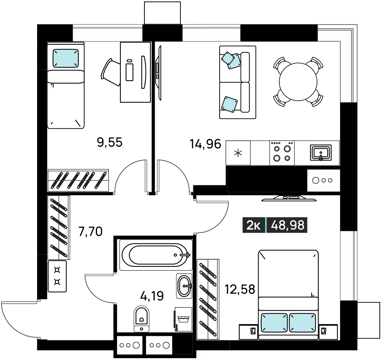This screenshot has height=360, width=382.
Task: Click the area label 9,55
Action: (x=110, y=142)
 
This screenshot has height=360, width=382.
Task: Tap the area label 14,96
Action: (x=206, y=144)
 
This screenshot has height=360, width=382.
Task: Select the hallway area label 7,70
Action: (x=91, y=232)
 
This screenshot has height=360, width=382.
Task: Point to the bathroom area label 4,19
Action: (x=152, y=296)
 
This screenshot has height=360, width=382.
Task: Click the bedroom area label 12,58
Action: (x=240, y=289)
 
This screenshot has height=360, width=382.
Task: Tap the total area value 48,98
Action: (x=288, y=225)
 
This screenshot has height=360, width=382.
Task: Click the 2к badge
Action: (x=254, y=225)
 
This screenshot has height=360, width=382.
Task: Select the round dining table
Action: (x=298, y=82)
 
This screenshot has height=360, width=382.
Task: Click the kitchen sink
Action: (x=321, y=153)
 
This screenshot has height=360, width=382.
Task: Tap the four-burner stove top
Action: (x=282, y=153)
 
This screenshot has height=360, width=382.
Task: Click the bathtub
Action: (x=156, y=255)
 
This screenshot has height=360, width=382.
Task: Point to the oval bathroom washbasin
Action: (x=184, y=285)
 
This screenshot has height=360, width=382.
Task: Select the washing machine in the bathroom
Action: (x=183, y=319)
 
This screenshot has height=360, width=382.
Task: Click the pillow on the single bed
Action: (x=66, y=58)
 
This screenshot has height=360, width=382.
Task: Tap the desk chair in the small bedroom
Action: (x=110, y=72)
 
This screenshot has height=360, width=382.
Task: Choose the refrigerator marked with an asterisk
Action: (x=238, y=153)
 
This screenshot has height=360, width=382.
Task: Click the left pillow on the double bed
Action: (x=274, y=323)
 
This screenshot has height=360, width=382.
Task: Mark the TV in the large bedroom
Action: (x=289, y=198)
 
